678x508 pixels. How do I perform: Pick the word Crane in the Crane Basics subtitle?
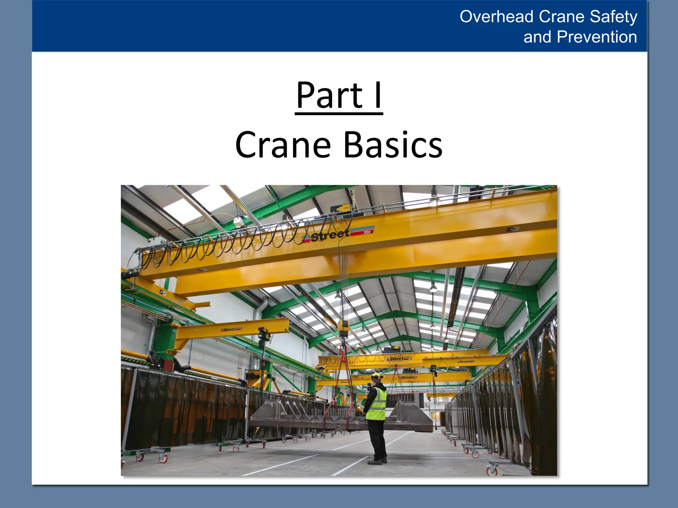coord(283,145)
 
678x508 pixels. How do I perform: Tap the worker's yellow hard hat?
coord(376,376)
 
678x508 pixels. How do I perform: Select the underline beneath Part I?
coord(339,114)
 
